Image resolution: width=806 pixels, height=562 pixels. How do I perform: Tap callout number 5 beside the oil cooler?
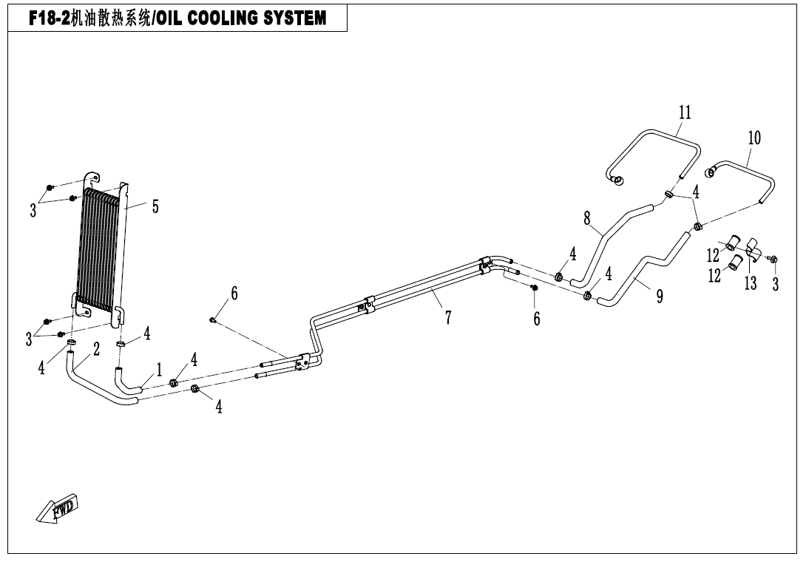(x=155, y=207)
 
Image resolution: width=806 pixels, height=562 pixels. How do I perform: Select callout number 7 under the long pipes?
(x=448, y=318)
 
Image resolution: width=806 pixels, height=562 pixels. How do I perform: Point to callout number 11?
(x=685, y=112)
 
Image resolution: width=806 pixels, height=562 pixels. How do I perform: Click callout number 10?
(x=754, y=138)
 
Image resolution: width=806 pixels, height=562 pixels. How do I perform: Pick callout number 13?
(x=751, y=282)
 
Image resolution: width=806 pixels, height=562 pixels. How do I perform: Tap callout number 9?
(x=660, y=297)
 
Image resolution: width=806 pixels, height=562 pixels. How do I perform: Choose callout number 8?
(x=587, y=219)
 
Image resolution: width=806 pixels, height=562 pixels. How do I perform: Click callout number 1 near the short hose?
(x=159, y=369)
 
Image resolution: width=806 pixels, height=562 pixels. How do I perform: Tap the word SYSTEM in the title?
(x=294, y=18)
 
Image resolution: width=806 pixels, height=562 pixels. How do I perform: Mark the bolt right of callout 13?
(x=774, y=258)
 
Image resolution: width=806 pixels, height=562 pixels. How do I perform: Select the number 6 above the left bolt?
(x=234, y=293)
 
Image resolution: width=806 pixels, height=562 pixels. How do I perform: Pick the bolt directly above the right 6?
(x=534, y=287)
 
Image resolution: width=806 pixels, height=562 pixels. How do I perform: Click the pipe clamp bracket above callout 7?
(x=368, y=305)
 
